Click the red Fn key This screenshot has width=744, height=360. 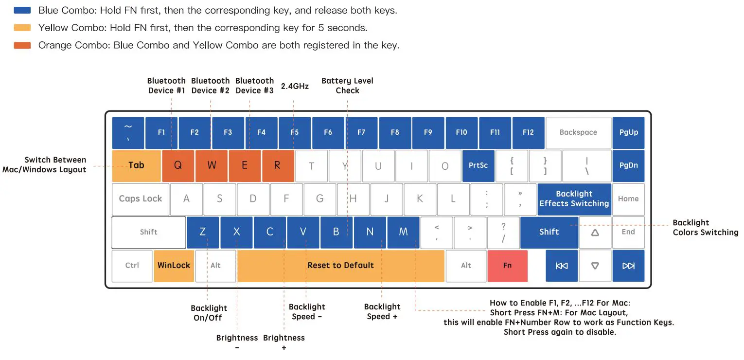507,266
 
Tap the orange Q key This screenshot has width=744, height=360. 178,165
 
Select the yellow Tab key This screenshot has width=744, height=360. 136,165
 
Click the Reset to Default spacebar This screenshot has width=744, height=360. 340,266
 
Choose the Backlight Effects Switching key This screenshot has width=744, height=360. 574,198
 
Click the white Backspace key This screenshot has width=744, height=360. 578,132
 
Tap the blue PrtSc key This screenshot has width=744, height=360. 478,165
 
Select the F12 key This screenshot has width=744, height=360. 528,132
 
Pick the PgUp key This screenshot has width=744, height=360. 628,132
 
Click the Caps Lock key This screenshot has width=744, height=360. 141,198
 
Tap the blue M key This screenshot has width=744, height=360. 403,232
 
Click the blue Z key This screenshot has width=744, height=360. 203,232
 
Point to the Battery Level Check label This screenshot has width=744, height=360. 347,86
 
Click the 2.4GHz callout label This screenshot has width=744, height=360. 295,87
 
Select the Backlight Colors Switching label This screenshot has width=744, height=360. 705,227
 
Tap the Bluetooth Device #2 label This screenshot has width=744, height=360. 210,86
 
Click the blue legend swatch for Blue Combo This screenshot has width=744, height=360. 22,10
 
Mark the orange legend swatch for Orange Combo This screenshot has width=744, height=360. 22,45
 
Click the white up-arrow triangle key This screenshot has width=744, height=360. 595,233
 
